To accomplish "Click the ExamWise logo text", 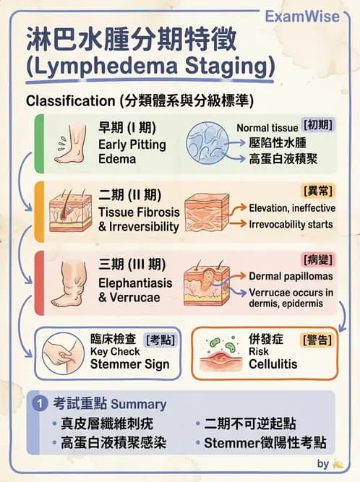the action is (302, 17).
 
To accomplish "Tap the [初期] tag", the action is (318, 125).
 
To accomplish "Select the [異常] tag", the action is (318, 191).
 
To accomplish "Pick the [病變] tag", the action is (318, 260).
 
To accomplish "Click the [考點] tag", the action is (160, 340).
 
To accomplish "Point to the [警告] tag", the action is (317, 340).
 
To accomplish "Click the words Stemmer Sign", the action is (129, 364).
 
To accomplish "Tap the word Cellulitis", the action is (273, 364).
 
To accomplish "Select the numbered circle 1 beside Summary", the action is (40, 403).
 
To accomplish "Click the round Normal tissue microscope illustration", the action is (207, 143).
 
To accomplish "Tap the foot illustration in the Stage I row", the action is (71, 144).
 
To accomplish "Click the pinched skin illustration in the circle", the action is (63, 353).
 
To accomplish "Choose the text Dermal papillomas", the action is (291, 276).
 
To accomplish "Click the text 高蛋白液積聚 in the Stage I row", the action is (283, 159).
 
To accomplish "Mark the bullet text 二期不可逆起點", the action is (250, 423).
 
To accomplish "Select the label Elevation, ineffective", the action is (292, 208).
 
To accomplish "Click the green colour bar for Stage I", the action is (39, 144).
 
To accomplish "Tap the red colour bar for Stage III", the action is (39, 283).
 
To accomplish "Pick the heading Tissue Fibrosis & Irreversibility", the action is (139, 220).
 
